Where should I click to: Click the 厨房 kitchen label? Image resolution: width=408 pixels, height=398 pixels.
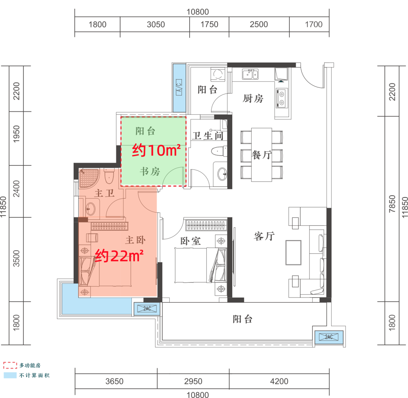point(253,98)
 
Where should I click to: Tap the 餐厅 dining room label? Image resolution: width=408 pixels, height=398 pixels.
point(262,155)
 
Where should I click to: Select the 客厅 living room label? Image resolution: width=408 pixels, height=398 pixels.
point(264,236)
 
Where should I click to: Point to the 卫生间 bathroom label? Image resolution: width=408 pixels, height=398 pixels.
point(208,136)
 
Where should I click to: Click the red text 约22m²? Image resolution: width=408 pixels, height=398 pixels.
point(119,256)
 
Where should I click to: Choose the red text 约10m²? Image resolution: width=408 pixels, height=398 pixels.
point(156,150)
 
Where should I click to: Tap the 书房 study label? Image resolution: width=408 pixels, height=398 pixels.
point(150,171)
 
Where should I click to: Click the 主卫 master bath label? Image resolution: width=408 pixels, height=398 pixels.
point(104,193)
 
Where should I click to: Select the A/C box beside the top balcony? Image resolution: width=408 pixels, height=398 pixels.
point(179,87)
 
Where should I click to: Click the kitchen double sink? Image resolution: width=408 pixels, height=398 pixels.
point(250,74)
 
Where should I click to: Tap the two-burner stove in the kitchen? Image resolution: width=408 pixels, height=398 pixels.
point(281,98)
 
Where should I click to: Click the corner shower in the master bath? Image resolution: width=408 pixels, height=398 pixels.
point(89,178)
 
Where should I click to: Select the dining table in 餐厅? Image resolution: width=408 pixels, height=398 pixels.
point(261,154)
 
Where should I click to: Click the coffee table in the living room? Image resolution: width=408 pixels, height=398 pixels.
point(294,253)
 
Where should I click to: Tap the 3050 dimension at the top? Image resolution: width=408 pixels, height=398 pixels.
point(156,25)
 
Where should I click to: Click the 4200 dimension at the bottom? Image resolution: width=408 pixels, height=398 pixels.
point(279,381)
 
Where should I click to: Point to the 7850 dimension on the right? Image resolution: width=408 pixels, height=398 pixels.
point(392,204)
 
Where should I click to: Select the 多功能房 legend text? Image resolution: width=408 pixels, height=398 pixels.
point(30,366)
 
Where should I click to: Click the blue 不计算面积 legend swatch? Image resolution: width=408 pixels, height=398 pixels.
point(10,375)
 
